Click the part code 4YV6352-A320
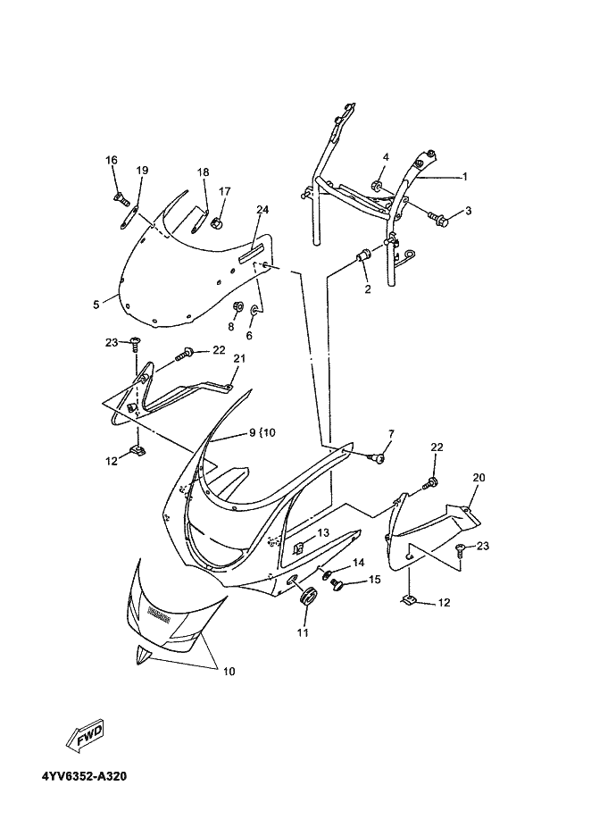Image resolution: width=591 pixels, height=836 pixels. click(83, 775)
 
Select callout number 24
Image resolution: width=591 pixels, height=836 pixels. click(262, 210)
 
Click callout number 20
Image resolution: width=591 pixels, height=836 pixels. click(479, 478)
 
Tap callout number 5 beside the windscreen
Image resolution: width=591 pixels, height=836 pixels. click(96, 305)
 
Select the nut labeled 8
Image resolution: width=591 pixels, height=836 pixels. click(237, 306)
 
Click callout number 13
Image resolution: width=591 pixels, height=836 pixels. click(322, 532)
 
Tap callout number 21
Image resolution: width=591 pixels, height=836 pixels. click(238, 358)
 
